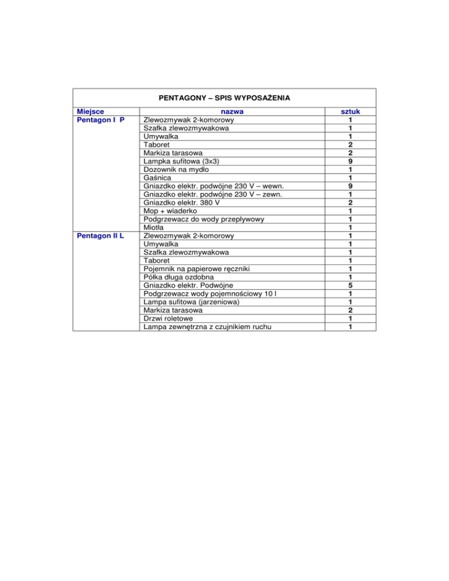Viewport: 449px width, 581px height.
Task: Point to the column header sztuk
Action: (x=350, y=111)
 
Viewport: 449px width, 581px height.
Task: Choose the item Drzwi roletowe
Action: (x=170, y=319)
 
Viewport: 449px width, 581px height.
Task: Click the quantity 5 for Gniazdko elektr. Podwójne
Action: (x=350, y=285)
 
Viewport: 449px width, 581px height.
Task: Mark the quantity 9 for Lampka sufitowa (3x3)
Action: (x=350, y=161)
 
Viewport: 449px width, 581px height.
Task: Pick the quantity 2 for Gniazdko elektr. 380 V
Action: (x=350, y=202)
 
